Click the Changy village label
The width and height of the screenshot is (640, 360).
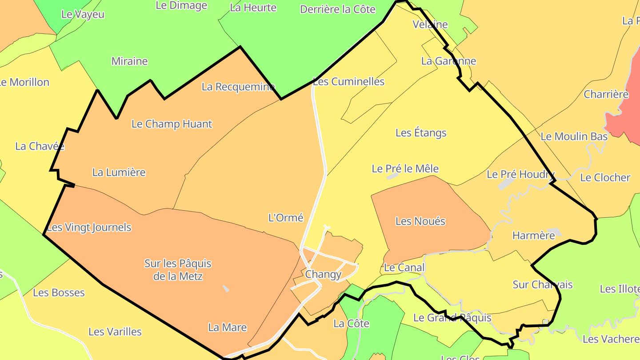pyautogui.click(x=323, y=274)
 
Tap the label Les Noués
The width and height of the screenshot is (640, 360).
pyautogui.click(x=420, y=221)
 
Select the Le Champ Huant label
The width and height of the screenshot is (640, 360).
pyautogui.click(x=172, y=124)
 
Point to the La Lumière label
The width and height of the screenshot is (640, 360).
pyautogui.click(x=119, y=172)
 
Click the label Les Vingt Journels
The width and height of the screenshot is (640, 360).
pyautogui.click(x=89, y=228)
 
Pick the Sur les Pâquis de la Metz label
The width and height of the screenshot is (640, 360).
pyautogui.click(x=178, y=270)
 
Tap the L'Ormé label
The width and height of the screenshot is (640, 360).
pyautogui.click(x=286, y=218)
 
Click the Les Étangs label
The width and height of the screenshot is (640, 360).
pyautogui.click(x=420, y=133)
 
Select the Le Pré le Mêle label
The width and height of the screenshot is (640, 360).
pyautogui.click(x=405, y=169)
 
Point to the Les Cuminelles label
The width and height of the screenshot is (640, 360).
pyautogui.click(x=348, y=81)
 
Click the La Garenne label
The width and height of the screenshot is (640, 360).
pyautogui.click(x=448, y=61)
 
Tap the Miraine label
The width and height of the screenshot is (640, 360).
pyautogui.click(x=129, y=61)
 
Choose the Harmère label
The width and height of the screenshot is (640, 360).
pyautogui.click(x=533, y=236)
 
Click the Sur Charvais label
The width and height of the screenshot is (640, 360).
pyautogui.click(x=542, y=284)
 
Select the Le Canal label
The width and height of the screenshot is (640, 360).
pyautogui.click(x=404, y=268)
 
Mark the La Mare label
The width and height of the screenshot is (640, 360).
pyautogui.click(x=227, y=328)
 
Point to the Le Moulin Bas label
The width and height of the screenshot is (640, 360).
pyautogui.click(x=573, y=136)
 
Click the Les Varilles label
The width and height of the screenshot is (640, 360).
pyautogui.click(x=115, y=332)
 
